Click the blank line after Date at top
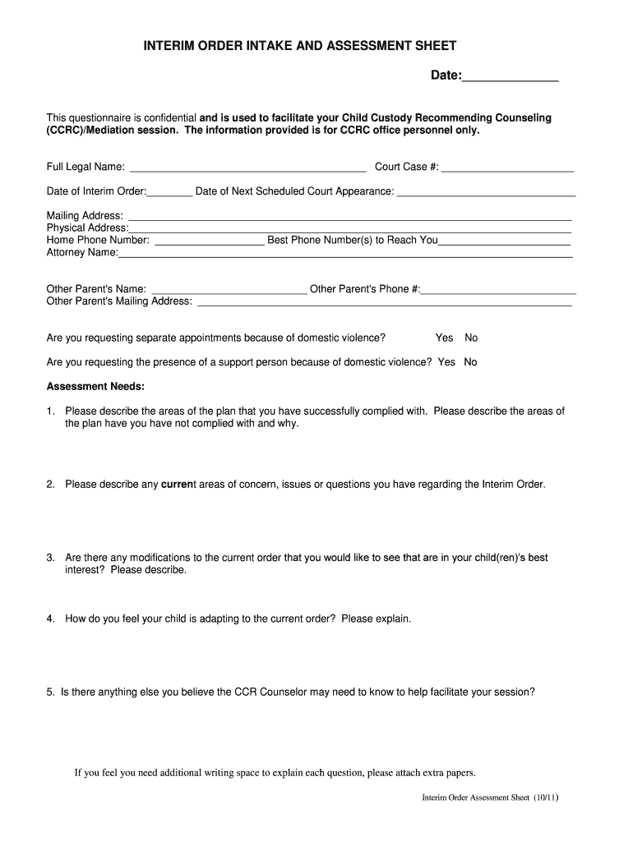[x=510, y=77]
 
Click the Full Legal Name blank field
[x=247, y=168]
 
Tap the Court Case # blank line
[x=507, y=168]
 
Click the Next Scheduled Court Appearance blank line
[x=486, y=193]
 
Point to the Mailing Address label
[x=85, y=216]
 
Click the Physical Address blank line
[x=350, y=228]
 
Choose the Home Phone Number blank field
[x=210, y=241]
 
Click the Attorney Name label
[x=82, y=253]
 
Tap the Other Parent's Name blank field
[x=229, y=290]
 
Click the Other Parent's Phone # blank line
[x=498, y=290]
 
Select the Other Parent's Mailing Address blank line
[x=385, y=302]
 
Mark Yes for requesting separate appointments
[x=444, y=338]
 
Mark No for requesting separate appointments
[x=471, y=338]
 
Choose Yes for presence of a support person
[x=446, y=362]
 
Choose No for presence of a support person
[x=470, y=362]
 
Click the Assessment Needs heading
[x=95, y=387]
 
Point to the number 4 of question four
[x=50, y=619]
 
